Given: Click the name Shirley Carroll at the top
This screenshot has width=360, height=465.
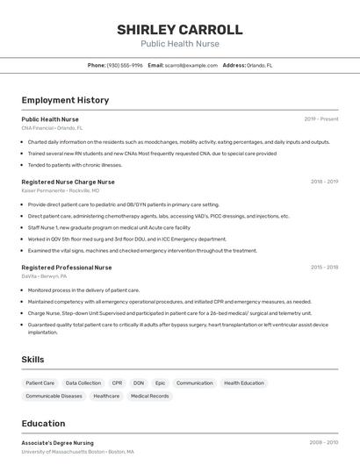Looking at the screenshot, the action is point(179,30).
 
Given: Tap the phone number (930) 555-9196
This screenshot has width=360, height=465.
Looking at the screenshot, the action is point(125,65).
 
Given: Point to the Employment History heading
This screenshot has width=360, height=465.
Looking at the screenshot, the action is point(65,100).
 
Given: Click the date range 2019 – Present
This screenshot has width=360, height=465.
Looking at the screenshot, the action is point(321,118).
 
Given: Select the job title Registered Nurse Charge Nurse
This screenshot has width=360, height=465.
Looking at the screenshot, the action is point(68,182).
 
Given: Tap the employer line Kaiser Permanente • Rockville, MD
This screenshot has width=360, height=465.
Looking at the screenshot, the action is point(61,190).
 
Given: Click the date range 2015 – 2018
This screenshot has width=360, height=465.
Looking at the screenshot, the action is point(324,267).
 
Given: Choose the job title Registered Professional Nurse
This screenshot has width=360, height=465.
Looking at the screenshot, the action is point(67,267).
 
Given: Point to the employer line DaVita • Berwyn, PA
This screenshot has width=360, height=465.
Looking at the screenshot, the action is point(44,275).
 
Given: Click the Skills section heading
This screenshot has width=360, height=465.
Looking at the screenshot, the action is point(33,360).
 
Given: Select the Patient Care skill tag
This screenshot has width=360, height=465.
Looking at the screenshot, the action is point(40,383).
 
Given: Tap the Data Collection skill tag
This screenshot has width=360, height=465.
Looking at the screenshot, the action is point(83,383).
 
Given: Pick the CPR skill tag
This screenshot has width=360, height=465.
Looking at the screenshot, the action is point(117,383).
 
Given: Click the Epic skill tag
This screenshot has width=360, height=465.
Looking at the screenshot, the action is point(160,383).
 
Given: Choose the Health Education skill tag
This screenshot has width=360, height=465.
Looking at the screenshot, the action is point(243,383).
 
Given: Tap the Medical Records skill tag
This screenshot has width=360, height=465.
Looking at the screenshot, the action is point(149,397).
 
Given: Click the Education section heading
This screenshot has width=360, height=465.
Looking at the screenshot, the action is point(43,424).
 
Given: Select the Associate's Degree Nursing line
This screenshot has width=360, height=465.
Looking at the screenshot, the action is point(58,443).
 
